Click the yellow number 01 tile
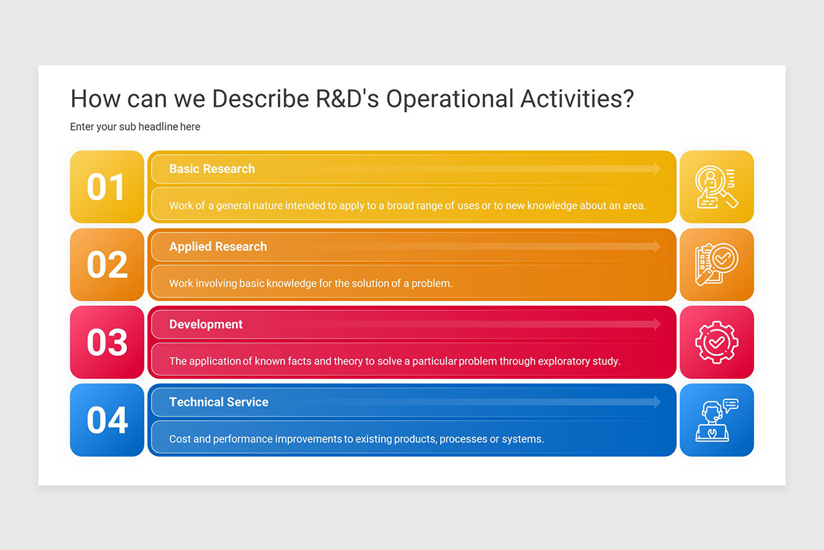[107, 187]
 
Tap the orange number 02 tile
[107, 265]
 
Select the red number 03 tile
[107, 342]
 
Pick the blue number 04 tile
[107, 420]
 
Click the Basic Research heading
[211, 169]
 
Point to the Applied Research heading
[218, 247]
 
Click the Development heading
[205, 324]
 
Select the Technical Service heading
[218, 402]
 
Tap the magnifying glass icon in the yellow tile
[716, 187]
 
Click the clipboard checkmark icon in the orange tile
[716, 265]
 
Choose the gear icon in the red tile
[716, 342]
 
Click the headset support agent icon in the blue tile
[716, 420]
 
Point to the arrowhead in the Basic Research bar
[656, 169]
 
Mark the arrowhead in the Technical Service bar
[656, 402]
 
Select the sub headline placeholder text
[135, 126]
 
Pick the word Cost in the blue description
[180, 439]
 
